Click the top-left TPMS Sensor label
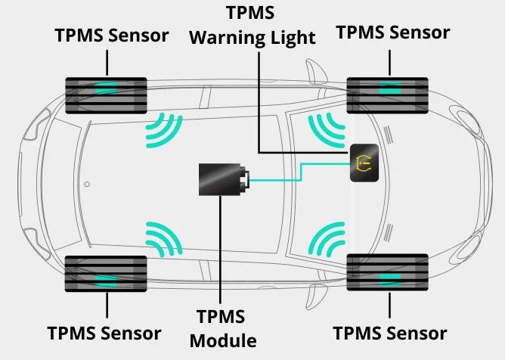point(112,36)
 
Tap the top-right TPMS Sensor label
point(392,33)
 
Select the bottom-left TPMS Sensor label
point(104,333)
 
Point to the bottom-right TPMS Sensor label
point(390,333)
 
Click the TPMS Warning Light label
point(252,25)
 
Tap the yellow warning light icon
point(362,161)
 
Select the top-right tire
point(389,94)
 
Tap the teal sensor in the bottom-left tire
point(106,278)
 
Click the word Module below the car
point(223,340)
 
